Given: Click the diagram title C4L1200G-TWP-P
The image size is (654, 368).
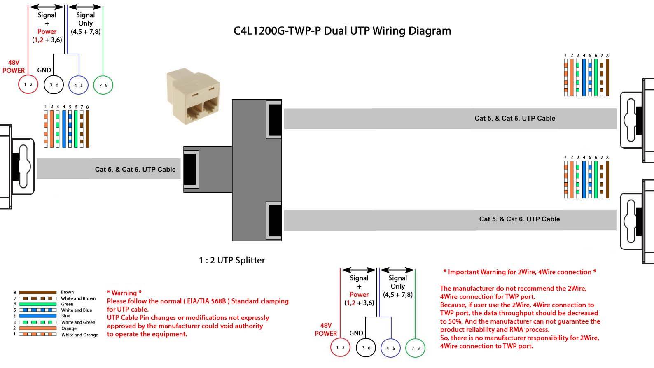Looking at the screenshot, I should click(342, 31).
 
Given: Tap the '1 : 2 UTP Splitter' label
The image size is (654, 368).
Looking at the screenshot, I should click(232, 260).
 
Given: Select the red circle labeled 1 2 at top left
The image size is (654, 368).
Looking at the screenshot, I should click(28, 84).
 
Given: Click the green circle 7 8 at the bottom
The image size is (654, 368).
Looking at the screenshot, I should click(415, 348).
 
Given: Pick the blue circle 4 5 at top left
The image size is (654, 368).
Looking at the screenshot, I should click(78, 85).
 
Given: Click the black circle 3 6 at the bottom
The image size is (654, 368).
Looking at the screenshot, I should click(366, 348).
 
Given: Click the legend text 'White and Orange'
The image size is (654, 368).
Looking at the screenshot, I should click(80, 335).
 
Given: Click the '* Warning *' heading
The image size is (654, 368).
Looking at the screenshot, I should click(124, 293).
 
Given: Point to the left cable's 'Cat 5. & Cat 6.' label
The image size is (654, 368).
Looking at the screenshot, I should click(135, 169).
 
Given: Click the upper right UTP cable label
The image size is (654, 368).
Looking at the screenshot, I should click(515, 118).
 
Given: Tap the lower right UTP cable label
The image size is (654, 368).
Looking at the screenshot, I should click(519, 219).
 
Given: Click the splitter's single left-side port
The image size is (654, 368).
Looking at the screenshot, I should click(190, 169).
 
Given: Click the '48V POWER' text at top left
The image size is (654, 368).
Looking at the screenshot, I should click(14, 66).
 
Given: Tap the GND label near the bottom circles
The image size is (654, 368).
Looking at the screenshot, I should click(356, 333).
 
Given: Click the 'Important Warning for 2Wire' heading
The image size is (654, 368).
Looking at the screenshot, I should click(519, 272).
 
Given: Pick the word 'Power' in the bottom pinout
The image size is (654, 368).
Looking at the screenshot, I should click(359, 294).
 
